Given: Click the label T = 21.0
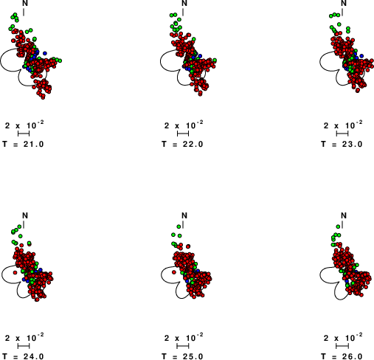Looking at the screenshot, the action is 23,144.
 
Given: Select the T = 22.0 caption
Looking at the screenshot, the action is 182,144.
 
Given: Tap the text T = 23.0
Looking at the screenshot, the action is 342,144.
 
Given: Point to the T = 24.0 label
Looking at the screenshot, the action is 23,356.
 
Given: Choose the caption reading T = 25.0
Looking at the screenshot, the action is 182,356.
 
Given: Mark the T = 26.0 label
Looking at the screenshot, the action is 342,356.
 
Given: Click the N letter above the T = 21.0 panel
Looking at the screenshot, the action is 25,3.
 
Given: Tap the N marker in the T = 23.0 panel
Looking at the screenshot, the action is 344,3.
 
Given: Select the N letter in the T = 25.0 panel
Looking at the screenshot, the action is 184,215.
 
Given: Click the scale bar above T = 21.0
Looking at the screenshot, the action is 24,134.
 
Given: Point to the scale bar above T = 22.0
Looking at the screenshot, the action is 183,134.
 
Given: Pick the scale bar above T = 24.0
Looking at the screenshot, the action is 24,346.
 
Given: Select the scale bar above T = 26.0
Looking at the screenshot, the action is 342,346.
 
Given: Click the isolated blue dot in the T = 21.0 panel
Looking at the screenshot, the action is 45,53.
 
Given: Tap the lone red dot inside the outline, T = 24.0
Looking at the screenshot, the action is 15,272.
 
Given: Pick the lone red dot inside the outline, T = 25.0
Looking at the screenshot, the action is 174,272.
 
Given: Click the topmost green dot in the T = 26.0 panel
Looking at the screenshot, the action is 338,226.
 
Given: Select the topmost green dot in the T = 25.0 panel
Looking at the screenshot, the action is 179,226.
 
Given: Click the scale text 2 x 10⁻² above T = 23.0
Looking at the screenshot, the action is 343,125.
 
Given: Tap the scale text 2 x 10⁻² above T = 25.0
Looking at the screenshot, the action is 184,337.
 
